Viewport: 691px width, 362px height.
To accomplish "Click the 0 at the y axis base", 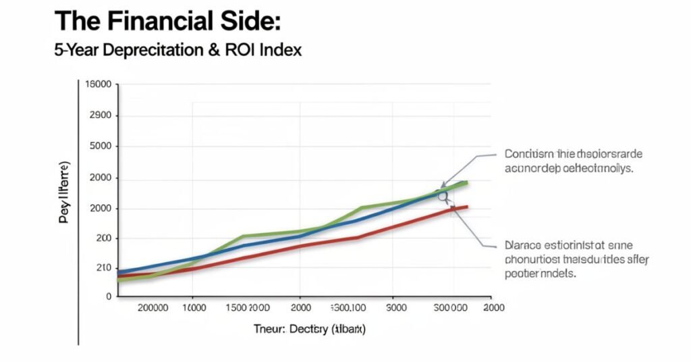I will [107, 296].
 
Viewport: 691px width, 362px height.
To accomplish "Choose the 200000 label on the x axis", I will [153, 308].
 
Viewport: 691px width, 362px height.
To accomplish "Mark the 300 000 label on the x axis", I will [449, 308].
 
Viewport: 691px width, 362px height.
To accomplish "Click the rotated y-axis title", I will [66, 192].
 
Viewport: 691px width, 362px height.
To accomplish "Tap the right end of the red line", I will [466, 207].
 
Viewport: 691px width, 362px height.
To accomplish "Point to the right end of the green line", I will [466, 182].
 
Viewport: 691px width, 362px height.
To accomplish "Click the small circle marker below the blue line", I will [443, 197].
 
